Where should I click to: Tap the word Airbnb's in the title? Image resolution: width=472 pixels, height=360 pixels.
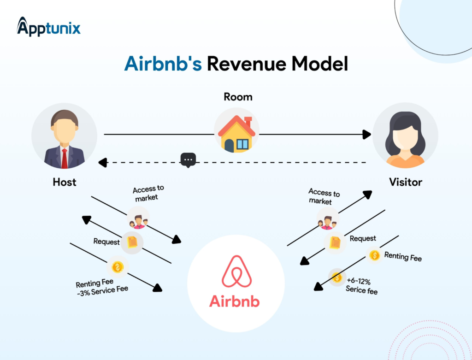coord(163,64)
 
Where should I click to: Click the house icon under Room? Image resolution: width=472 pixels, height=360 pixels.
coord(236,134)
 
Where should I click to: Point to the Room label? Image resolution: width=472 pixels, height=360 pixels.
coord(238,97)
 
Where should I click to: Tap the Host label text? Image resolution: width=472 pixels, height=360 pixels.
coord(65,182)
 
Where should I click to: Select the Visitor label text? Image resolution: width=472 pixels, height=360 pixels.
coord(406,182)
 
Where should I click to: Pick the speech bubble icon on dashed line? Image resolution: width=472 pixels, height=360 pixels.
coord(188,160)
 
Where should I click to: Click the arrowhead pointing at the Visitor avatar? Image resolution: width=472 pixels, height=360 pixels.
coord(367,135)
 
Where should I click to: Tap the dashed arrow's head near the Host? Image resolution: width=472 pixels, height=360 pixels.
coord(103,162)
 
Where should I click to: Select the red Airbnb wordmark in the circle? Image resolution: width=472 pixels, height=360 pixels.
coord(235,301)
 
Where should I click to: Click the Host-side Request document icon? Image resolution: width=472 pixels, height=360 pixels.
coord(132,242)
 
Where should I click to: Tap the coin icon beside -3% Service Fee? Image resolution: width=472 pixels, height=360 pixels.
coord(118,267)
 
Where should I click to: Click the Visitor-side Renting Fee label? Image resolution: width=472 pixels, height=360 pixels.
coord(403,256)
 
